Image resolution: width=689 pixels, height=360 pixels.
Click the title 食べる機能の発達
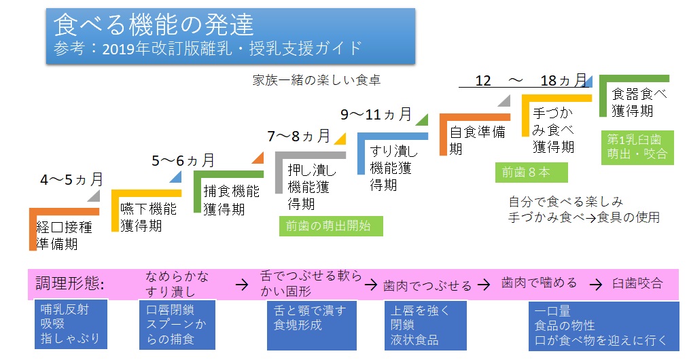click(154, 25)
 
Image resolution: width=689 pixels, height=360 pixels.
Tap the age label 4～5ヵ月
click(71, 180)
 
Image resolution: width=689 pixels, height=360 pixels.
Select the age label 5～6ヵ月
click(183, 161)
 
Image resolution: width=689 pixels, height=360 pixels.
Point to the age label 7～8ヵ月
click(298, 136)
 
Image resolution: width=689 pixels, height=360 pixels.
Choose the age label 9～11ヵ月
click(376, 114)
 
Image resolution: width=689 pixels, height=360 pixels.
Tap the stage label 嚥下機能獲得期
click(148, 216)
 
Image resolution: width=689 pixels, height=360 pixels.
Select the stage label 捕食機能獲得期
click(231, 200)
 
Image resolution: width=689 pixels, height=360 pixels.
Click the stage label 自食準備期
click(478, 140)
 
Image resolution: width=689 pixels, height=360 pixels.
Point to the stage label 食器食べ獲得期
click(639, 102)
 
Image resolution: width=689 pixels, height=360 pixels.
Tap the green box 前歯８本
click(530, 173)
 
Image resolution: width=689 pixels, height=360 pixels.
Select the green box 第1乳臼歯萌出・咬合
click(637, 147)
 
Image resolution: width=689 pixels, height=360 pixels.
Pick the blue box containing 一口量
click(603, 325)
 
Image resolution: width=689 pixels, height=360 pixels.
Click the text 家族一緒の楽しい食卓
click(316, 80)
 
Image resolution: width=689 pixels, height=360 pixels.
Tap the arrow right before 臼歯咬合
click(595, 284)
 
